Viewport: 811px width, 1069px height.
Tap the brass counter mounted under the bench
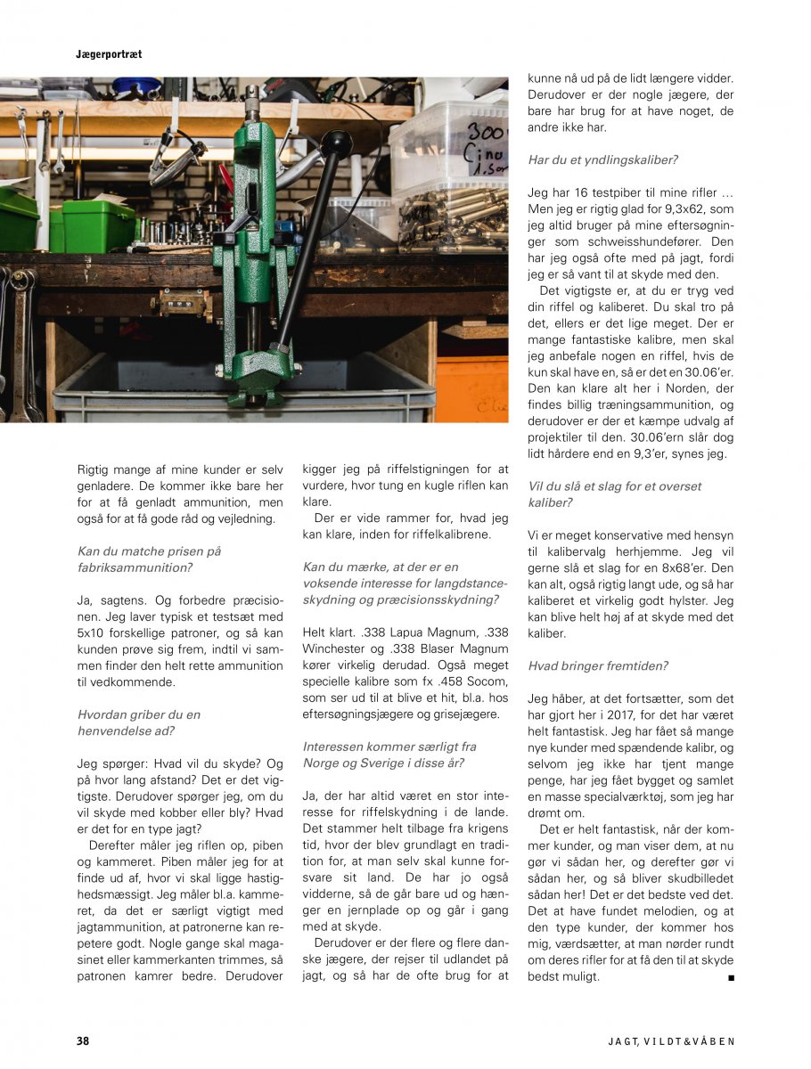184,300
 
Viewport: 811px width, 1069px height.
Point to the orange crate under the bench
471,388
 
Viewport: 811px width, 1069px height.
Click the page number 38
82,1040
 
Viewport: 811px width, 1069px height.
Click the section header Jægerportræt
109,54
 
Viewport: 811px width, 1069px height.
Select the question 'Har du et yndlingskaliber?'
602,160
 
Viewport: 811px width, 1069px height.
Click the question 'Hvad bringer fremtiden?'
598,665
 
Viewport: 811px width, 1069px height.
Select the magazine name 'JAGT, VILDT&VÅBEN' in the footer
671,1040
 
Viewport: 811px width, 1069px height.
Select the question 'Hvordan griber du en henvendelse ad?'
139,722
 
